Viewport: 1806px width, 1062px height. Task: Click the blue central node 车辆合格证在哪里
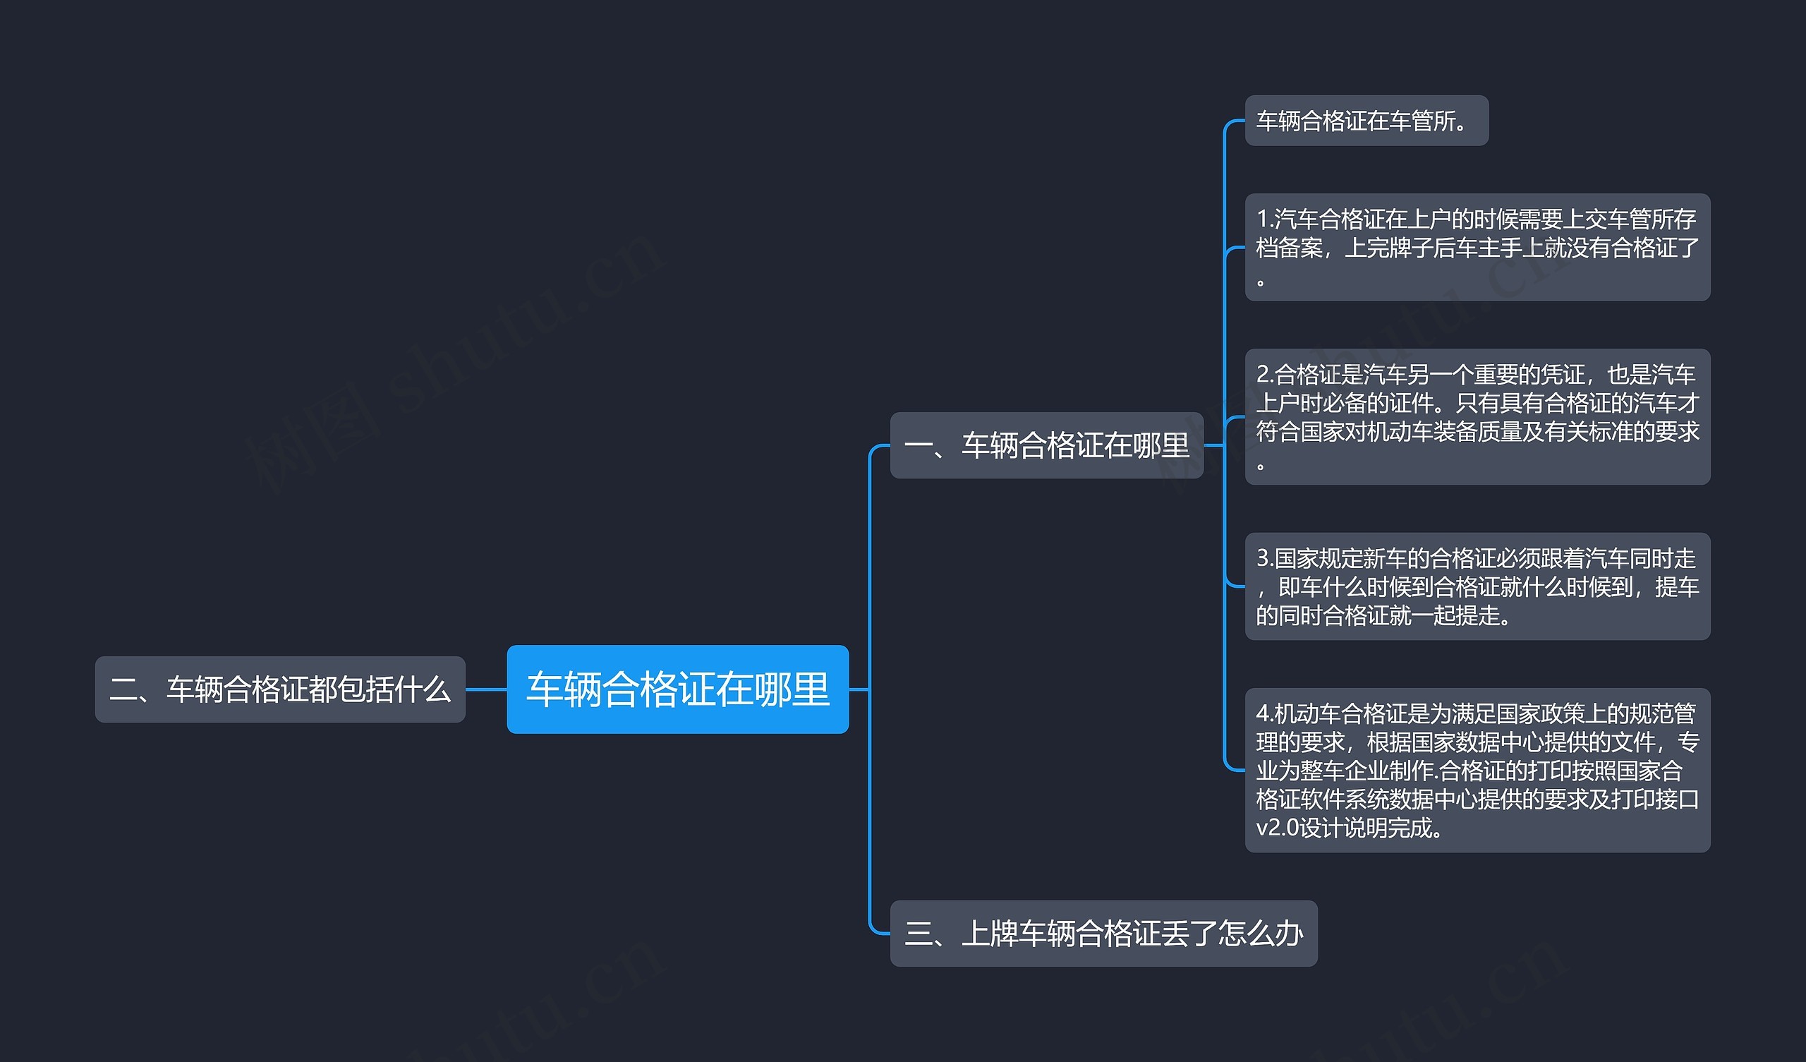coord(677,689)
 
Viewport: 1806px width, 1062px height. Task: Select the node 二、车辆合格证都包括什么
coord(279,689)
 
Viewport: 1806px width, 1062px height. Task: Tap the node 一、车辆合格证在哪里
coord(1046,445)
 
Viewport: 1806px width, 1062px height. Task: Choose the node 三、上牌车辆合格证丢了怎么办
coord(1103,934)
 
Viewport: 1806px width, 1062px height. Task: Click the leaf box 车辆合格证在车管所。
coord(1366,121)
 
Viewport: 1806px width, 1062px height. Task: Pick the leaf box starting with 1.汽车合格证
coord(1477,247)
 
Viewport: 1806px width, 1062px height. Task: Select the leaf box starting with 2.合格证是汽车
coord(1477,416)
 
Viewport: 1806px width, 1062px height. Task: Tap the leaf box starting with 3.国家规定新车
coord(1477,586)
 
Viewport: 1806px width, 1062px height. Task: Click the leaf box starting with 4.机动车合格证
coord(1477,770)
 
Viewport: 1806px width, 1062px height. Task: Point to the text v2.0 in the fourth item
coord(1277,828)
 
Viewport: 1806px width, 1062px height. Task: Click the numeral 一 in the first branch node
coord(918,446)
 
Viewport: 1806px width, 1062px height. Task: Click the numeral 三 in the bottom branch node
coord(919,934)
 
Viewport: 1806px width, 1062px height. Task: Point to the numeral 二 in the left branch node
coord(123,690)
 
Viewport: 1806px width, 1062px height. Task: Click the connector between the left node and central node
coord(486,689)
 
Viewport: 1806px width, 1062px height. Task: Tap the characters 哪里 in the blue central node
coord(792,689)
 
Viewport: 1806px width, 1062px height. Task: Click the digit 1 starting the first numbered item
coord(1262,218)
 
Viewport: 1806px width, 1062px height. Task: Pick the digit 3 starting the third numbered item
coord(1263,558)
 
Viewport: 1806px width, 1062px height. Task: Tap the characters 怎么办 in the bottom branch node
coord(1260,934)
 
